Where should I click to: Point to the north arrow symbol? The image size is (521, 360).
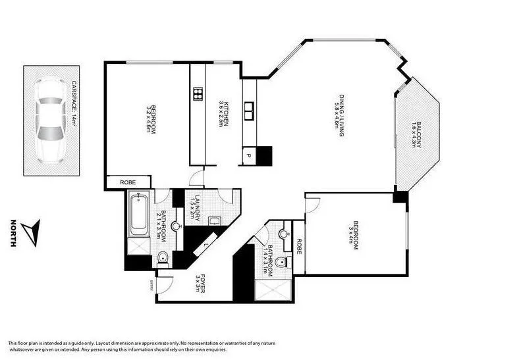(30, 233)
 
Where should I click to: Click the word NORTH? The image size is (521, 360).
(13, 233)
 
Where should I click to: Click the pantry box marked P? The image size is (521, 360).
(249, 155)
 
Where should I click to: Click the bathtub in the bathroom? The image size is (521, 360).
(138, 213)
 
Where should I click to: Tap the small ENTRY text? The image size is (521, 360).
(151, 284)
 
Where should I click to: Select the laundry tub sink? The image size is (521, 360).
(215, 221)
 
